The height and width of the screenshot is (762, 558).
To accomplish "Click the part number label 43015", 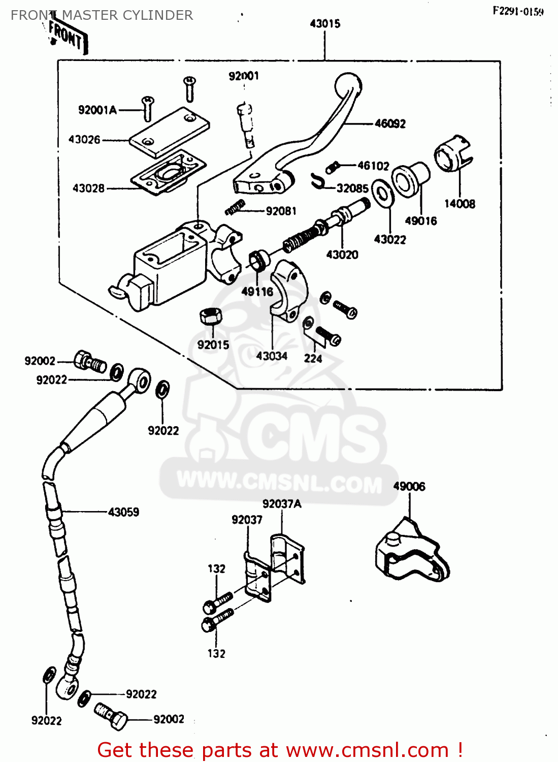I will [x=325, y=23].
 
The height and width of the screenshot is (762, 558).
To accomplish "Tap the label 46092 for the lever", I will [x=390, y=123].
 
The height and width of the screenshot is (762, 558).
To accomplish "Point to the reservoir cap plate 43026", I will [x=169, y=131].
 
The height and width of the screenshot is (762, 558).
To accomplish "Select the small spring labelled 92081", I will [x=235, y=207].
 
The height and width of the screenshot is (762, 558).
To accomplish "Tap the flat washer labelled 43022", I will [x=382, y=194].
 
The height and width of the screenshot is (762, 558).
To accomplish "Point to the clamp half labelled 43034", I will [x=288, y=290].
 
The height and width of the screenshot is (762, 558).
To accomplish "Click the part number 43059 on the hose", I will [x=123, y=512].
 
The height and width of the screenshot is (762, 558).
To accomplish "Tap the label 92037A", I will [x=282, y=504].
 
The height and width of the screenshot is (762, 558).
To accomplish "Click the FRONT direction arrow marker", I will [x=66, y=36].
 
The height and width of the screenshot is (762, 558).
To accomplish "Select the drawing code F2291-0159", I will [x=518, y=11].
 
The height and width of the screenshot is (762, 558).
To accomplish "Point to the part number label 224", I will [x=313, y=359].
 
